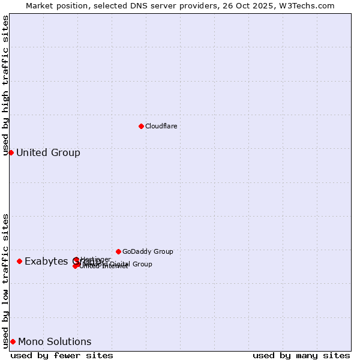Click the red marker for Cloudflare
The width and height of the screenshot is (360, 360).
point(141,126)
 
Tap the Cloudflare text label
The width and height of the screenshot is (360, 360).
point(161,126)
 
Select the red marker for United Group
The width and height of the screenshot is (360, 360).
point(11,152)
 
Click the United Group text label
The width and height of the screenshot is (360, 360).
point(48,152)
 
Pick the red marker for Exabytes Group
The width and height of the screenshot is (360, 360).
point(20,261)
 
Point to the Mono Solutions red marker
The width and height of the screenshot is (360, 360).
point(13,341)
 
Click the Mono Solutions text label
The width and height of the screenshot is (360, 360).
point(55,341)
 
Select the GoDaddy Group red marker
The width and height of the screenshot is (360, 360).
point(118,251)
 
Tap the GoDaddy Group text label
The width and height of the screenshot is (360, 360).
point(148,251)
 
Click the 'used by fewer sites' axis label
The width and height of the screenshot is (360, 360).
point(62,355)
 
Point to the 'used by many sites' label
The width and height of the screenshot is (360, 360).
point(301,355)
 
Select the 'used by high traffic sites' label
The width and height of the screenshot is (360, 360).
point(5,85)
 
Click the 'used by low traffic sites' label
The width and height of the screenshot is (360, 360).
point(5,280)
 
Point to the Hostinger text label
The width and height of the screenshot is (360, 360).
point(95,259)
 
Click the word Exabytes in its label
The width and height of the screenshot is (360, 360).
point(47,261)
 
